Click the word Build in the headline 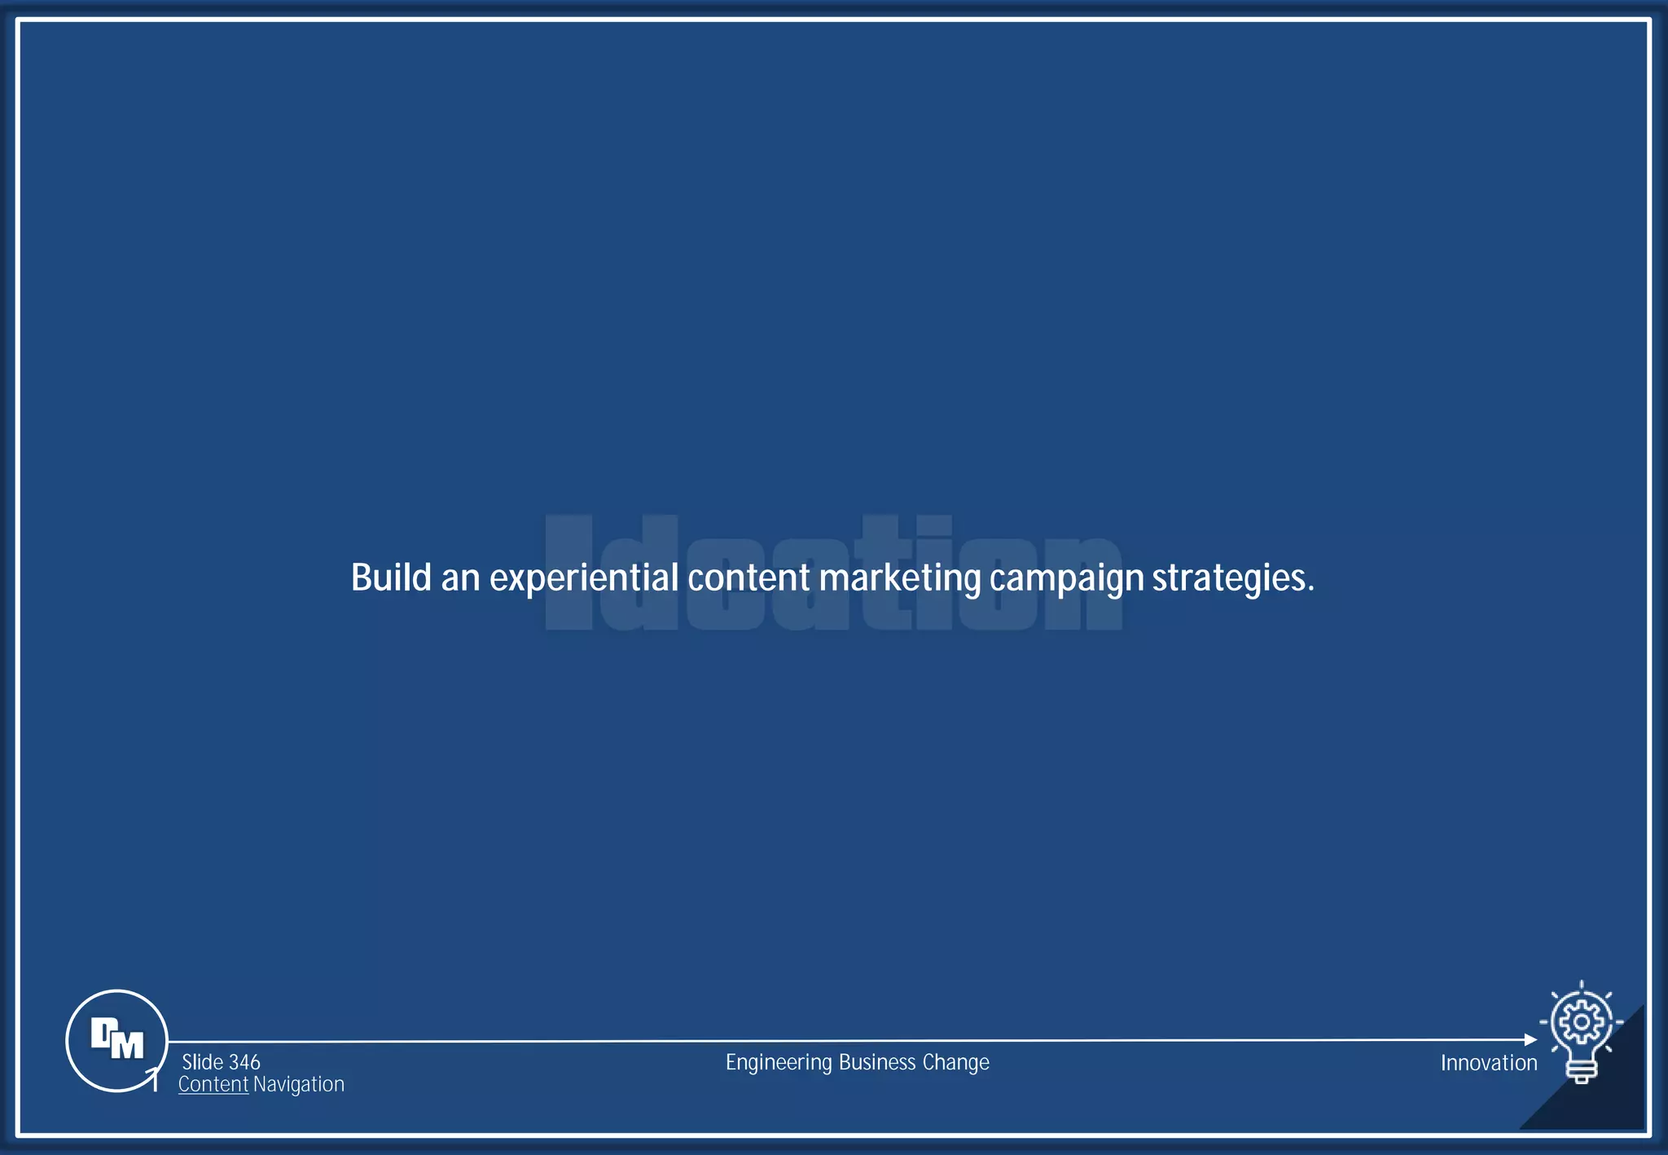[x=391, y=577]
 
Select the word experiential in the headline [x=583, y=579]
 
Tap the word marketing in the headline [x=900, y=579]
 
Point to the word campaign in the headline [x=1066, y=579]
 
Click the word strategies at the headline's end [x=1232, y=579]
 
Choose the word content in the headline [x=748, y=577]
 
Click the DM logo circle [x=116, y=1040]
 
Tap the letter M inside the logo [x=126, y=1044]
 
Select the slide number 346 [x=244, y=1062]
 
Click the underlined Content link [x=213, y=1084]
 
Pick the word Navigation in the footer [x=299, y=1084]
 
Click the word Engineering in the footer [x=779, y=1063]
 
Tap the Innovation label [x=1489, y=1063]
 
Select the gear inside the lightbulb [x=1581, y=1021]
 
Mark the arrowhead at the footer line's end [x=1530, y=1039]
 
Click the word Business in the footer [x=877, y=1062]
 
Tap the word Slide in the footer [x=203, y=1062]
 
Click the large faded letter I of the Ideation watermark [x=568, y=573]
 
